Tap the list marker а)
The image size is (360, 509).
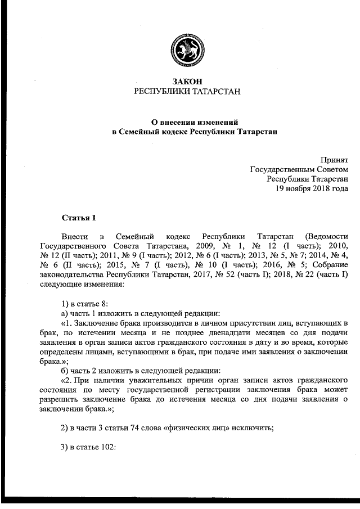point(65,313)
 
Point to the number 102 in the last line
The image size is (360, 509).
point(107,448)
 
